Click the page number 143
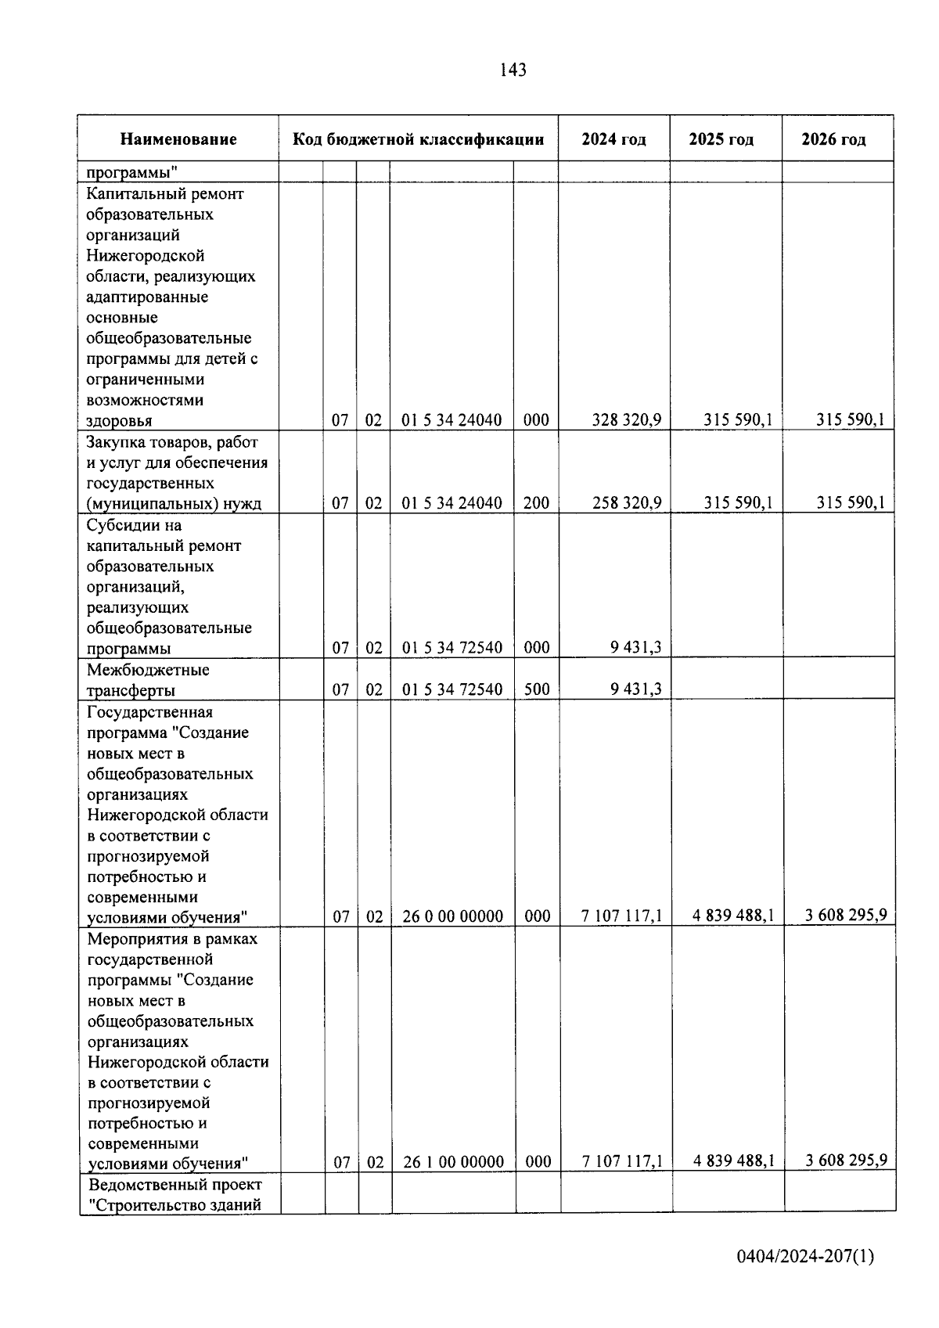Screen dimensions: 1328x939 tap(513, 70)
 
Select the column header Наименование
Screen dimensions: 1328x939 tap(178, 140)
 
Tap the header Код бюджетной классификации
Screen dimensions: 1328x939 tap(418, 140)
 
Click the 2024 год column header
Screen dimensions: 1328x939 tap(613, 140)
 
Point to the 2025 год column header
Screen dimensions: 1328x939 tap(721, 140)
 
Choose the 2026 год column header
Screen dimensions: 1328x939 tap(833, 140)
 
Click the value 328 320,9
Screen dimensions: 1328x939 tap(626, 420)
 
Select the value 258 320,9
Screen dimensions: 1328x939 tap(626, 503)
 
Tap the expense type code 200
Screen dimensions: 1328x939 tap(536, 503)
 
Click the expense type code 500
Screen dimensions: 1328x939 tap(536, 689)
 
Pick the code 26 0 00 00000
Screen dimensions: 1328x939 tap(452, 916)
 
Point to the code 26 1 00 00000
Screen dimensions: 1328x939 tap(453, 1162)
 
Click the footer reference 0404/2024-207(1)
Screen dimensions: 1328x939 tap(804, 1257)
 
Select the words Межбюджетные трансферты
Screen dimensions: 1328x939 tap(148, 680)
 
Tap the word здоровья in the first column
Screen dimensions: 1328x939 tap(119, 421)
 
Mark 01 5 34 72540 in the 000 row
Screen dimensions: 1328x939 tap(452, 648)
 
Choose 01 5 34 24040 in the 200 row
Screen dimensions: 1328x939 tap(452, 503)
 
